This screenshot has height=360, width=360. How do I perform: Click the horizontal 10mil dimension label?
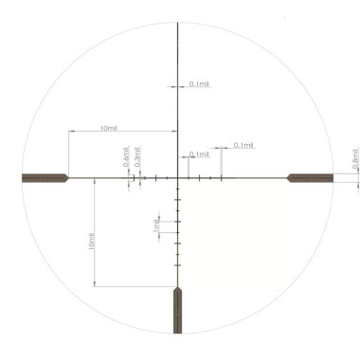pos(108,127)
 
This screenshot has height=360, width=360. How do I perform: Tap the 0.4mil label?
pos(126,157)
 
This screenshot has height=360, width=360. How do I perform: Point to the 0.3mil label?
pos(137,156)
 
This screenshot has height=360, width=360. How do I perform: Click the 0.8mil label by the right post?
pos(354,157)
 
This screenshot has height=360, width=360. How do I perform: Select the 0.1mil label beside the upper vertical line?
pos(200,83)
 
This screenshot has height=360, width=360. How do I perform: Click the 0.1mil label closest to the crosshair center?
pos(200,153)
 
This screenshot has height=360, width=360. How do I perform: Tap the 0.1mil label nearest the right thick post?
pos(243,145)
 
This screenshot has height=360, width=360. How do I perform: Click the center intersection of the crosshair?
pos(177,177)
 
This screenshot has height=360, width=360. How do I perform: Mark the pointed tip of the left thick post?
pos(67,177)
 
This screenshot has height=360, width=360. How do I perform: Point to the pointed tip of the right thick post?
pos(288,177)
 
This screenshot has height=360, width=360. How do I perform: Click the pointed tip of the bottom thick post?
pos(177,287)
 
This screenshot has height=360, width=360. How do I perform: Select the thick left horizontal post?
pos(44,177)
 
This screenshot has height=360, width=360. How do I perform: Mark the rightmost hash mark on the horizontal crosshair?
pos(221,177)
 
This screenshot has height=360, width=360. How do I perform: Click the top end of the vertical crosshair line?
pos(177,21)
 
